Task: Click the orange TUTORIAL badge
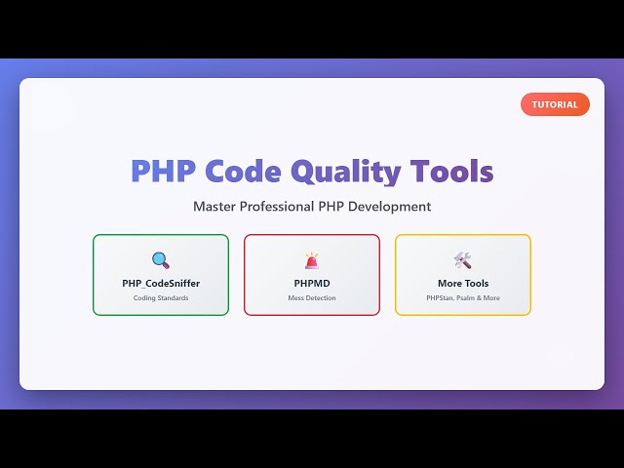555,104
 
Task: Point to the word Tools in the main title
451,172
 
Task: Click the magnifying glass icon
161,260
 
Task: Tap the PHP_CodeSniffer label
161,284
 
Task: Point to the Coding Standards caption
161,298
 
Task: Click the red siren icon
312,260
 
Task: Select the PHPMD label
312,284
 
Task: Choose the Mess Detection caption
312,298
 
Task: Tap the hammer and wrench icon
463,260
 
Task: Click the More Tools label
463,284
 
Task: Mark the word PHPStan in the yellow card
440,298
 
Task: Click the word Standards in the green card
173,298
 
